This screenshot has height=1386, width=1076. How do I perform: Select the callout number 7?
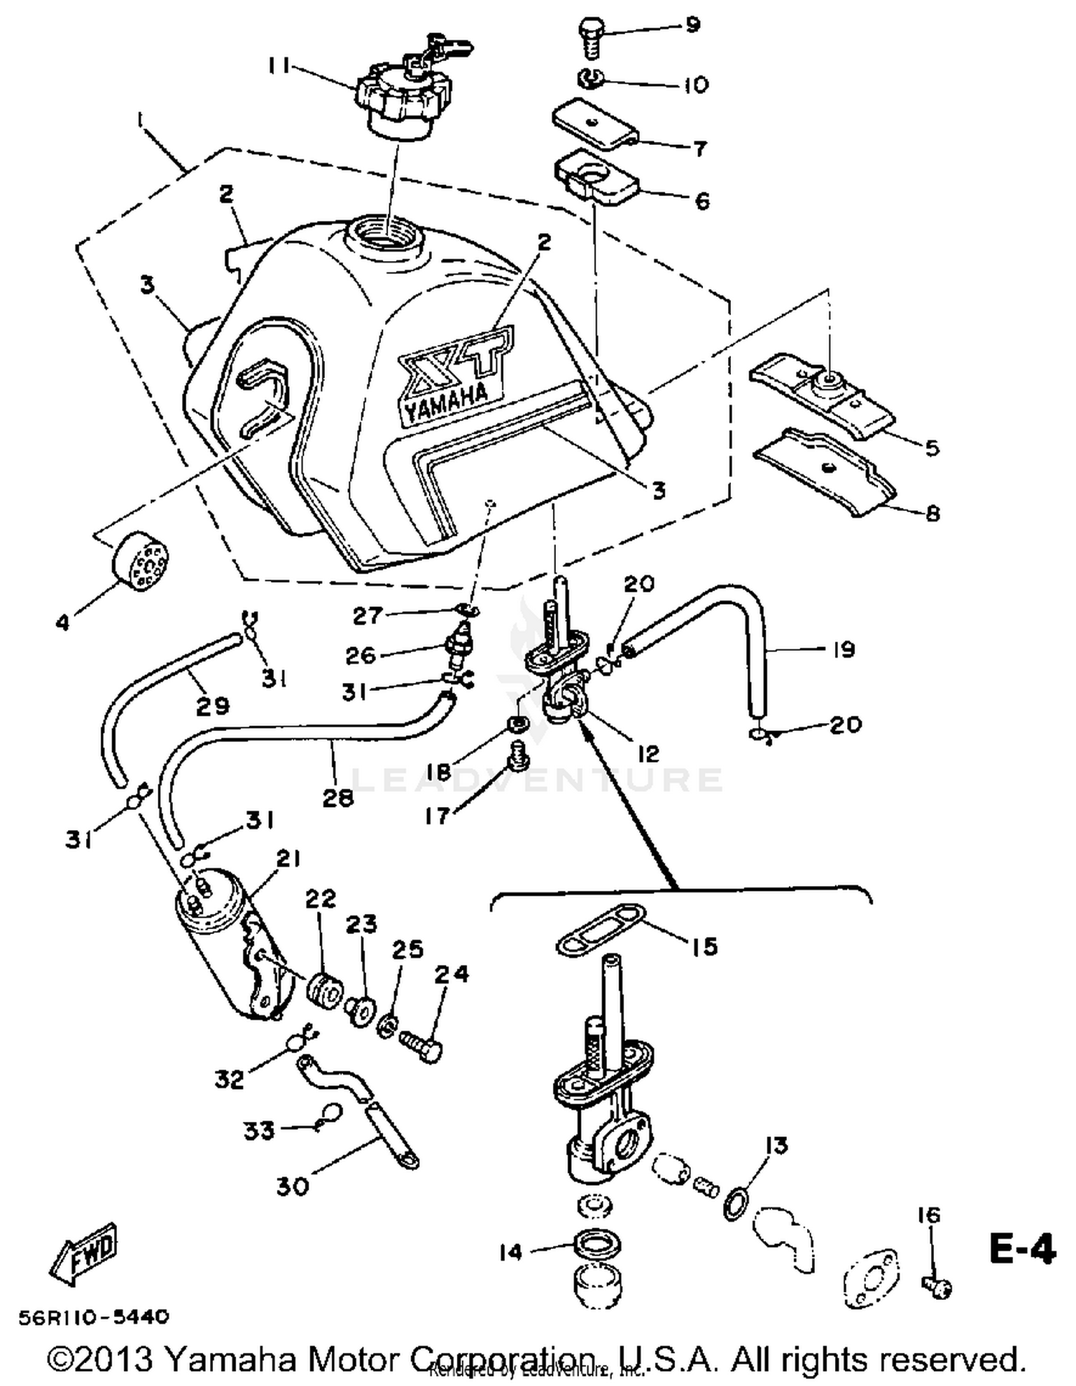699,148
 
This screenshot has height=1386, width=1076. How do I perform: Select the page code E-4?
1022,1249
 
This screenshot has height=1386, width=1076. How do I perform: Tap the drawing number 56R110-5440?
94,1317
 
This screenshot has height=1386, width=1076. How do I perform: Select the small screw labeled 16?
936,1286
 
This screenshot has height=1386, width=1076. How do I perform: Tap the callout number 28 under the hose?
338,798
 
